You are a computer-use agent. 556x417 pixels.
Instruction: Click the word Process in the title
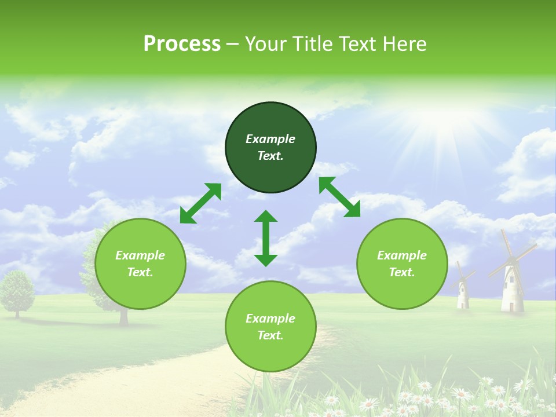click(x=182, y=44)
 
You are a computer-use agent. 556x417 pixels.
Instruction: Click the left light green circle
click(x=140, y=264)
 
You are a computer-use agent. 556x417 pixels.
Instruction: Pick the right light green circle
click(x=402, y=264)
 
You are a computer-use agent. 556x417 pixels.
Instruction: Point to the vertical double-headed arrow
click(x=266, y=238)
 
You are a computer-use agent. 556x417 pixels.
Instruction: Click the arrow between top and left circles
click(x=200, y=203)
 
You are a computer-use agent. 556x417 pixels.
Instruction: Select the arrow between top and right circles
click(x=339, y=197)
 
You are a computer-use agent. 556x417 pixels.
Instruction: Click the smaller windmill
click(x=463, y=287)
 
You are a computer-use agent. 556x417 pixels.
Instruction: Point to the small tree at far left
click(x=17, y=292)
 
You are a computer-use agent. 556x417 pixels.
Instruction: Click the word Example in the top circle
click(x=270, y=139)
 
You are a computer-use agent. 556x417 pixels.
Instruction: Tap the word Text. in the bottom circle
click(x=270, y=335)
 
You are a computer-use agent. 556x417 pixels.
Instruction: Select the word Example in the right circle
click(x=402, y=255)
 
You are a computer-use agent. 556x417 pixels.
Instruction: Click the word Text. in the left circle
click(x=140, y=272)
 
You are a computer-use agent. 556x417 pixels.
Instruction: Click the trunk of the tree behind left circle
click(x=123, y=316)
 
